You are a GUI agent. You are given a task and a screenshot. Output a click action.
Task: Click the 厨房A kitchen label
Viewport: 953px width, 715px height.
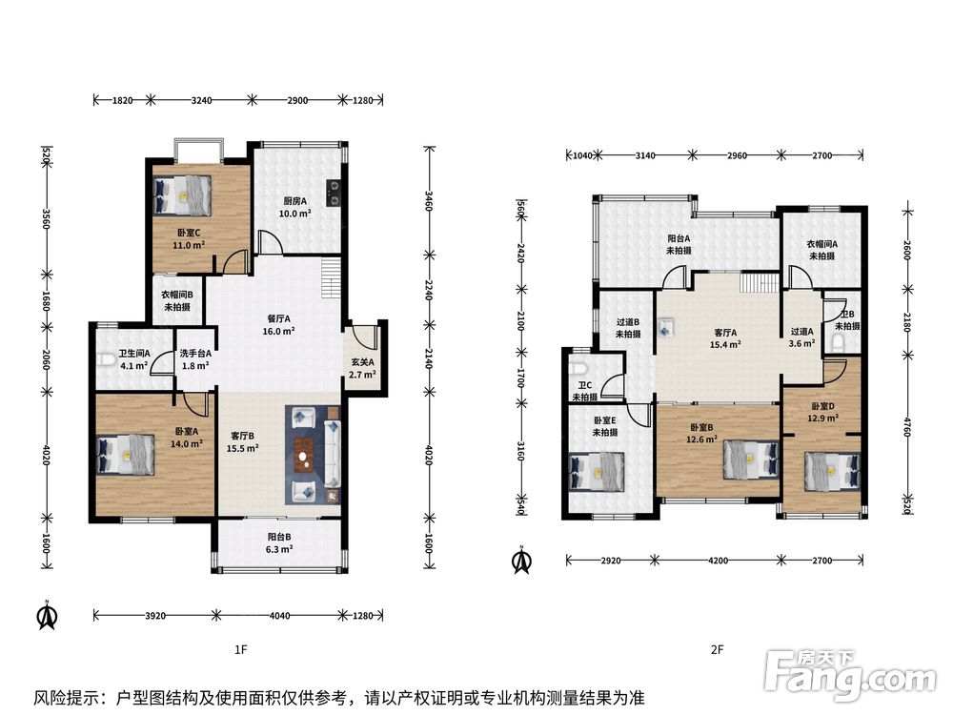coord(295,200)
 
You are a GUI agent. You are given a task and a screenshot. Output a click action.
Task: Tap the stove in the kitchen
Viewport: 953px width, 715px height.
coord(333,193)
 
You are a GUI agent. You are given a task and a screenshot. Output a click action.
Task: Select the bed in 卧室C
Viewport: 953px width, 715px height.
coord(182,195)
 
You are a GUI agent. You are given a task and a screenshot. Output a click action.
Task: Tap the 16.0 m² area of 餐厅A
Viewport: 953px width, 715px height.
coord(279,332)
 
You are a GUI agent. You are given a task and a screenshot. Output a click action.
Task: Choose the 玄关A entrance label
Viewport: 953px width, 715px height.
coord(362,362)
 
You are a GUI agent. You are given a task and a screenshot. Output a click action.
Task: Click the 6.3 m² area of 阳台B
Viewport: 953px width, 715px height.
coord(279,549)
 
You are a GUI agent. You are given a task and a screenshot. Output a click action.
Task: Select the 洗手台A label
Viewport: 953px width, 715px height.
coord(195,354)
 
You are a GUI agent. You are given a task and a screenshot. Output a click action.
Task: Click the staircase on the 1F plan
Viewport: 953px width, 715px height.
coord(331,277)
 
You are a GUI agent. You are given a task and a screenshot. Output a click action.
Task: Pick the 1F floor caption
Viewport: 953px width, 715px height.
coord(241,650)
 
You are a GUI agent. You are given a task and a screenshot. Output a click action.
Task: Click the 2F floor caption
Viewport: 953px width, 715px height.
coord(718,650)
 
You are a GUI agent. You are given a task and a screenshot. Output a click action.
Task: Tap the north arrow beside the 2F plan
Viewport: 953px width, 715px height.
coord(521,561)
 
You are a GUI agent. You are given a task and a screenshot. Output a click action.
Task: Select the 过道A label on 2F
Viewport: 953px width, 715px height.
coord(801,332)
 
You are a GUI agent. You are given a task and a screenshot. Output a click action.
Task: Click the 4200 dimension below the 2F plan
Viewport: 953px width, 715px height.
coord(718,561)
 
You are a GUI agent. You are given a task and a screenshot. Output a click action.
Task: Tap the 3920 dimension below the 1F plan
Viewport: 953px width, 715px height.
coord(155,616)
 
